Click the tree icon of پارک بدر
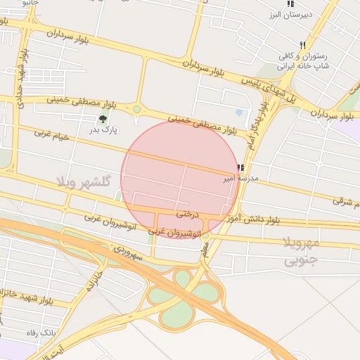105,119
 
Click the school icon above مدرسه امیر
240,168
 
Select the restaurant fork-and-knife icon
302,44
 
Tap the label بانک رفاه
39,331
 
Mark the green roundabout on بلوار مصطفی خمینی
136,109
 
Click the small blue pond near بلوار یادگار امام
239,112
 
